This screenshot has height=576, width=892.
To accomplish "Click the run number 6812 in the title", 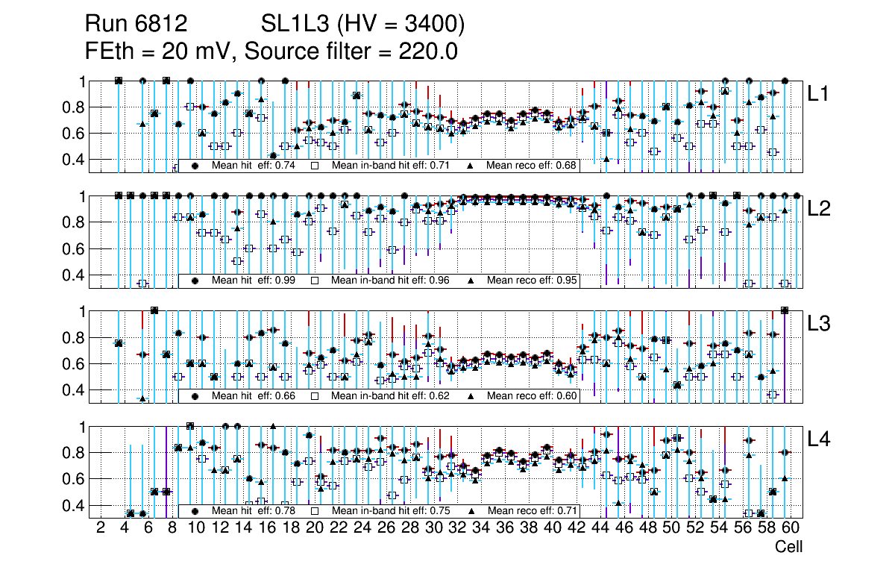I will tap(166, 25).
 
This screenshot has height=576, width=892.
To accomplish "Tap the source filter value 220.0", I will tap(427, 51).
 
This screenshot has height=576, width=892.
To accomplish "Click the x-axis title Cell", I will tap(788, 547).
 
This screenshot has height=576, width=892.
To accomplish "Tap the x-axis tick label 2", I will tap(101, 529).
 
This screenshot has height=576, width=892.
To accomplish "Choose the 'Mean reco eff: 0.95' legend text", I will tap(532, 281).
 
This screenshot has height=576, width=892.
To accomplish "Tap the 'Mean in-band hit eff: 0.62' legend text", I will tap(391, 396).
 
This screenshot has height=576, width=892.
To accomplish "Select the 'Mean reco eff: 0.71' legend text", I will tap(532, 511).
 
